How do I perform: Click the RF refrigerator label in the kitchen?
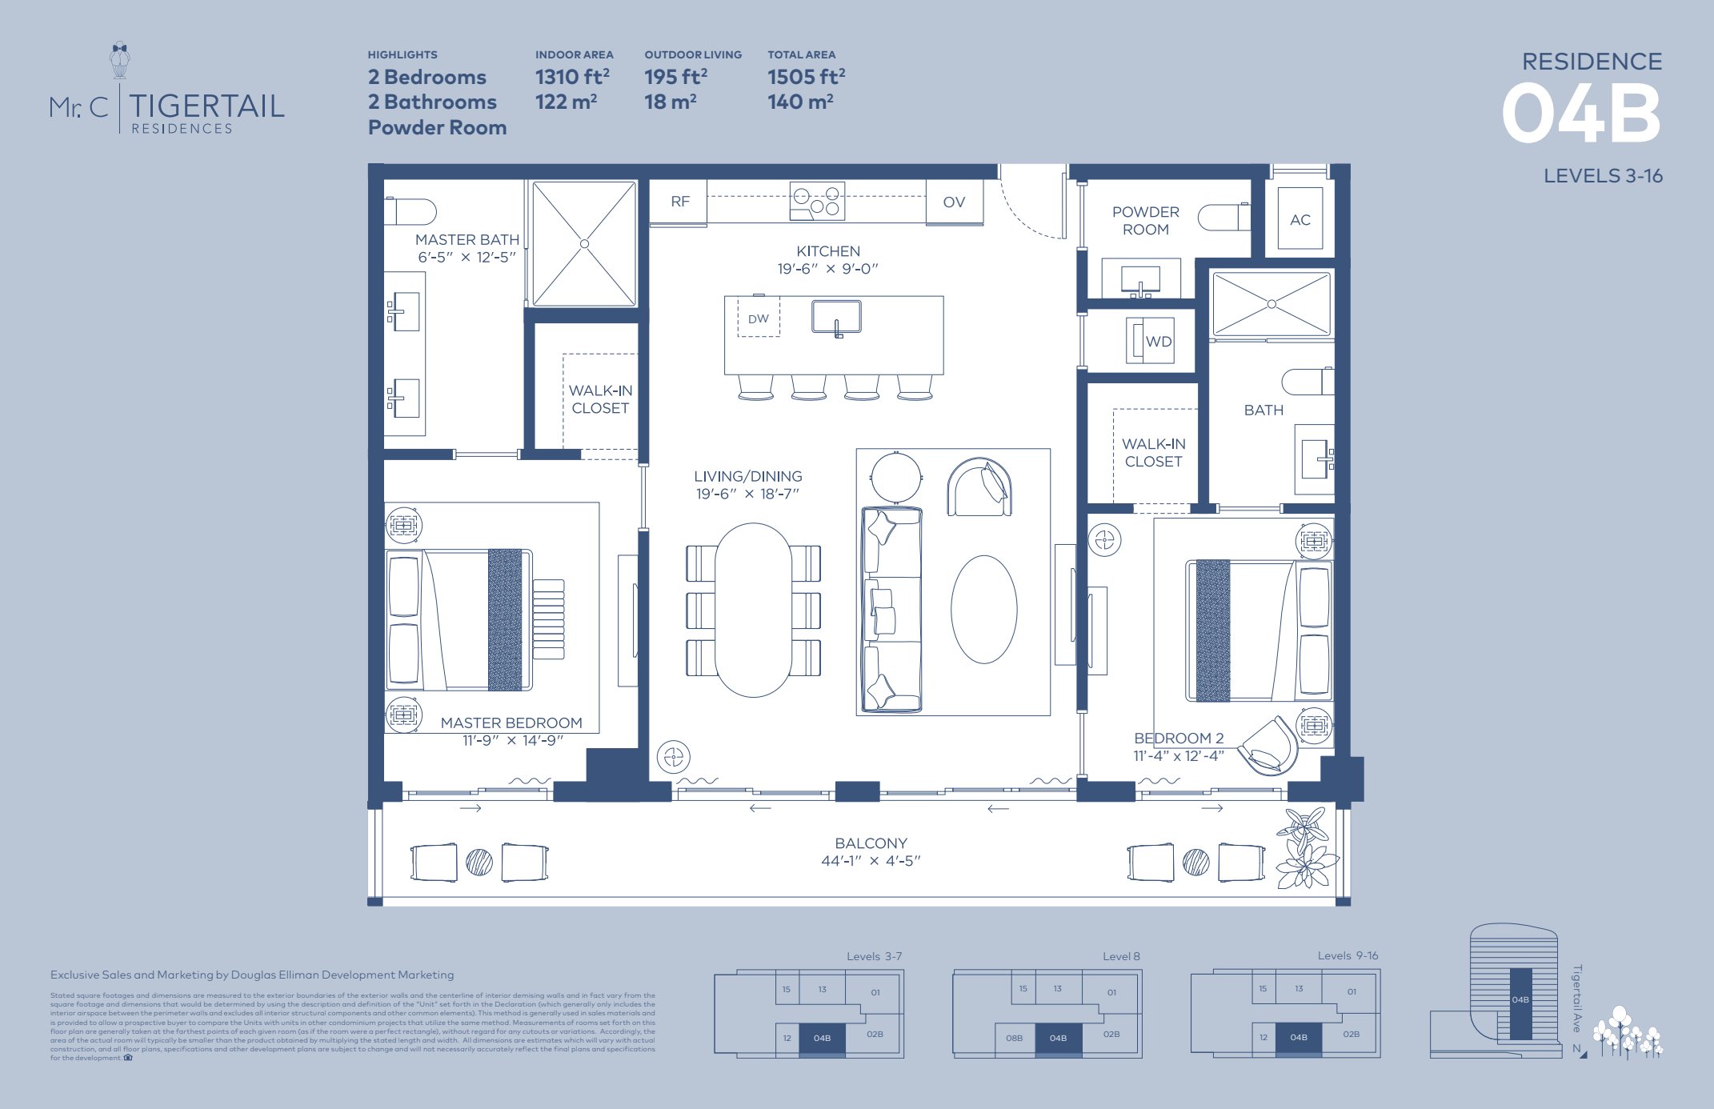[x=679, y=202]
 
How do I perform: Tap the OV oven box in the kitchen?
[x=954, y=202]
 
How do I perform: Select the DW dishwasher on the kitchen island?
[x=758, y=318]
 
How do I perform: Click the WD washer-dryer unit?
[x=1151, y=341]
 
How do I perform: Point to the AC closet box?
[x=1300, y=219]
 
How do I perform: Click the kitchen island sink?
[x=836, y=315]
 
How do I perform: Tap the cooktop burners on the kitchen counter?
[x=816, y=201]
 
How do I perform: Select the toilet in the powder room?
[x=1222, y=217]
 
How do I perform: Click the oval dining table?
[x=753, y=610]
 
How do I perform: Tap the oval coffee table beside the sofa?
[x=983, y=609]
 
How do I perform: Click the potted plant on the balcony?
[x=1304, y=848]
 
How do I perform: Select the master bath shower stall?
[x=584, y=243]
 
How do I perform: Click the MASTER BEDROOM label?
[x=511, y=723]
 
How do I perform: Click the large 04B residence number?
[x=1581, y=114]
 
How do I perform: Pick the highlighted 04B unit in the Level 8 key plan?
[x=1058, y=1039]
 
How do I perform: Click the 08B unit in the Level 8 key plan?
[x=1014, y=1039]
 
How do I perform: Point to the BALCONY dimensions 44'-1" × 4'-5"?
[x=871, y=861]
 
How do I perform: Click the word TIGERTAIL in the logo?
[x=206, y=106]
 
